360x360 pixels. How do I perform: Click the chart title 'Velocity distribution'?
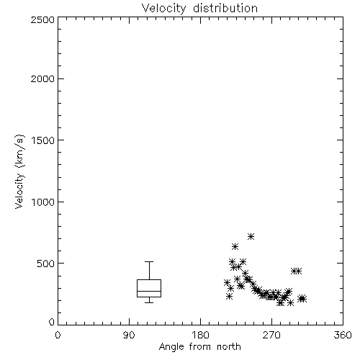(199, 9)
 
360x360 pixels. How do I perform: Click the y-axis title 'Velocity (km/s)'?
(19, 171)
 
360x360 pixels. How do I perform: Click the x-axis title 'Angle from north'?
(199, 347)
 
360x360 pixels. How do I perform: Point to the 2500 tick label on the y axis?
(42, 19)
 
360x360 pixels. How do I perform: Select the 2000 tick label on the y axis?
(42, 78)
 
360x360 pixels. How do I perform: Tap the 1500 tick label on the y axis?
(43, 140)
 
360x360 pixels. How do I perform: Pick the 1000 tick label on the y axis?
(43, 202)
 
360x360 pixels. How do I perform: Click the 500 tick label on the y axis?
(46, 264)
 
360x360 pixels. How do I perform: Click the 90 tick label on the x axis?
(129, 335)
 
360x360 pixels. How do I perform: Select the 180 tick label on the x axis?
(200, 335)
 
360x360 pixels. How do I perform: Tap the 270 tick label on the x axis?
(271, 335)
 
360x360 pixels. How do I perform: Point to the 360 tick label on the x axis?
(343, 335)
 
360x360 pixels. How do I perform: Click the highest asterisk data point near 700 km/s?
(251, 237)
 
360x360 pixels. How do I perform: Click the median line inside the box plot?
(149, 291)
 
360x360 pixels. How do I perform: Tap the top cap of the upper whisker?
(149, 261)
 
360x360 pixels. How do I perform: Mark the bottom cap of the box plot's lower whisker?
(149, 302)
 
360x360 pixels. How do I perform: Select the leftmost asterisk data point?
(227, 282)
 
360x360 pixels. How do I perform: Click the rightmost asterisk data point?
(303, 299)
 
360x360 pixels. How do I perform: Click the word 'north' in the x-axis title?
(229, 347)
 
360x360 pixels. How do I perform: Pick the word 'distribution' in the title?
(225, 9)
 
